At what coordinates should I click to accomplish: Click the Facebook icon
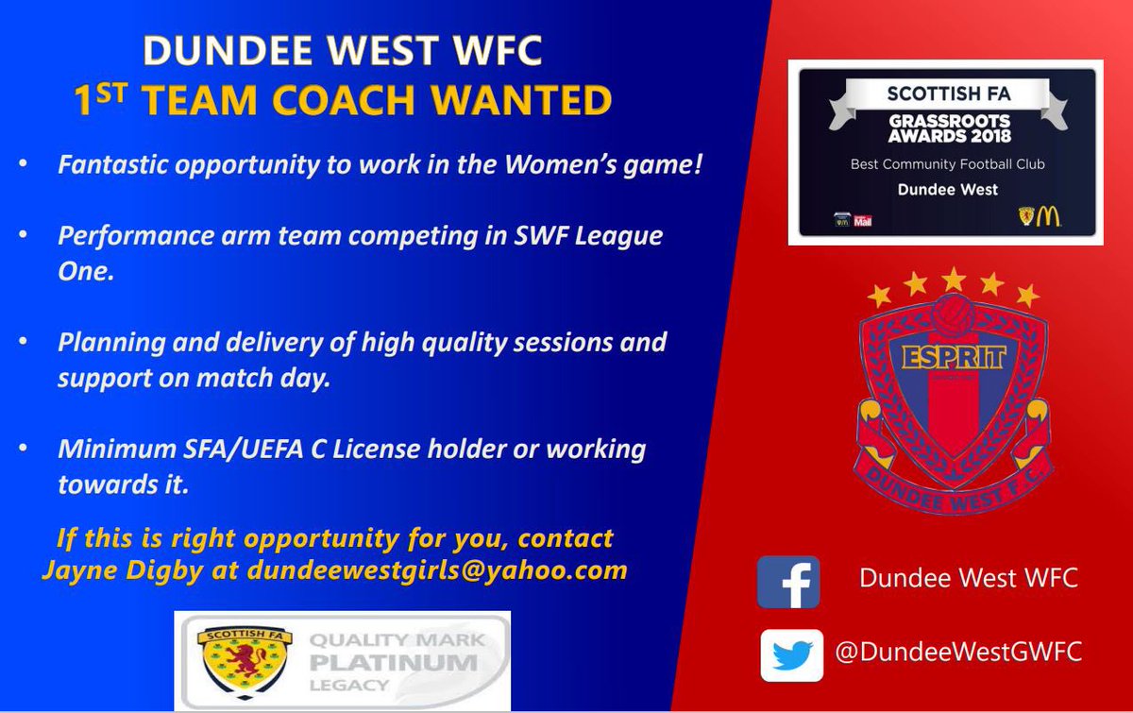(x=788, y=581)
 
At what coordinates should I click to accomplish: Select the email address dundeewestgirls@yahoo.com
(x=437, y=569)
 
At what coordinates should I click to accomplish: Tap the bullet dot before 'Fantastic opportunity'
(x=22, y=164)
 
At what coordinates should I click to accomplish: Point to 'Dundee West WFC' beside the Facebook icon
(x=968, y=578)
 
